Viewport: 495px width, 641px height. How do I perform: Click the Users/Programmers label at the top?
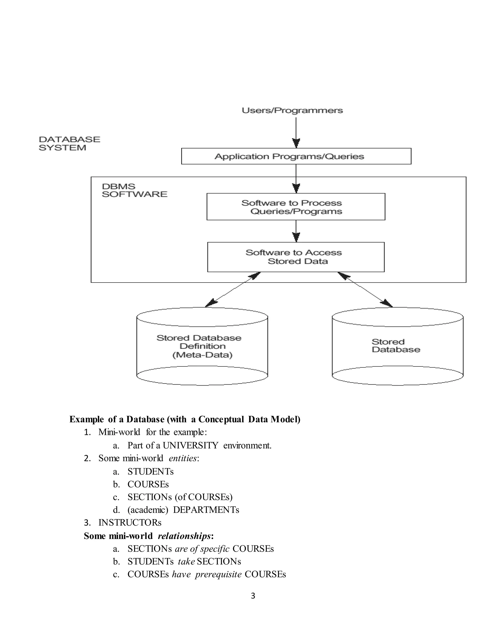292,111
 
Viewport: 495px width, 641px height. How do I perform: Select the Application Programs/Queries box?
296,156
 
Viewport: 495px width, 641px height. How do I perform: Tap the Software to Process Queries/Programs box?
296,207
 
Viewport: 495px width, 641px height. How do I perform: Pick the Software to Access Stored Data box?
296,257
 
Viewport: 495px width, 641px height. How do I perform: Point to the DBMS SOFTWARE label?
134,190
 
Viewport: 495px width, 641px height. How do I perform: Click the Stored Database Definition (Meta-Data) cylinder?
202,347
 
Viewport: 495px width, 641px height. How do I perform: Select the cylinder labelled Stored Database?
397,346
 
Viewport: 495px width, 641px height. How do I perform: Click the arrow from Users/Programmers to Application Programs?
296,132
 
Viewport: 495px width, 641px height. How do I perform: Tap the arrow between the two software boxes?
296,231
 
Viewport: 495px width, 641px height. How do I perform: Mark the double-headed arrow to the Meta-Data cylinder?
233,290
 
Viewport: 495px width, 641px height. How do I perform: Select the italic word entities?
182,458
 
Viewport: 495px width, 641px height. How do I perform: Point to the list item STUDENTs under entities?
150,472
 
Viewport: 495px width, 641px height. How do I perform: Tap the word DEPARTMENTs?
206,510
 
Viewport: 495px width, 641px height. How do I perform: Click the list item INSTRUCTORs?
130,523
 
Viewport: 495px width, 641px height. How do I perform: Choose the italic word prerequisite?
218,574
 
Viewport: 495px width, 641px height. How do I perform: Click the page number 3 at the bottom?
253,596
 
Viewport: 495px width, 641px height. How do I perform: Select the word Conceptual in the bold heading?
221,419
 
